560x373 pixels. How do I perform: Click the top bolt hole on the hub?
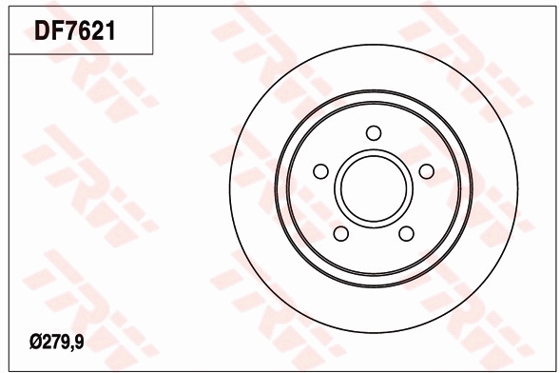point(374,132)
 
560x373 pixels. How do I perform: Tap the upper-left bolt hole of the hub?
point(320,171)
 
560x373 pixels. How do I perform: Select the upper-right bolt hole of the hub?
point(427,170)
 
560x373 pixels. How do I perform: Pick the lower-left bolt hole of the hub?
point(340,234)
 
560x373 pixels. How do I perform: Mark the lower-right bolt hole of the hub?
point(406,234)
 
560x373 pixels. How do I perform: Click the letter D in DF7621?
point(44,32)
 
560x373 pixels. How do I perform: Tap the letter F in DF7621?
point(59,32)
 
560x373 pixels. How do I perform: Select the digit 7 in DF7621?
point(74,32)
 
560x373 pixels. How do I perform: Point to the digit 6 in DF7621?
point(87,32)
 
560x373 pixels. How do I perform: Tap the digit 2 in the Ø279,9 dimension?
point(46,339)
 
